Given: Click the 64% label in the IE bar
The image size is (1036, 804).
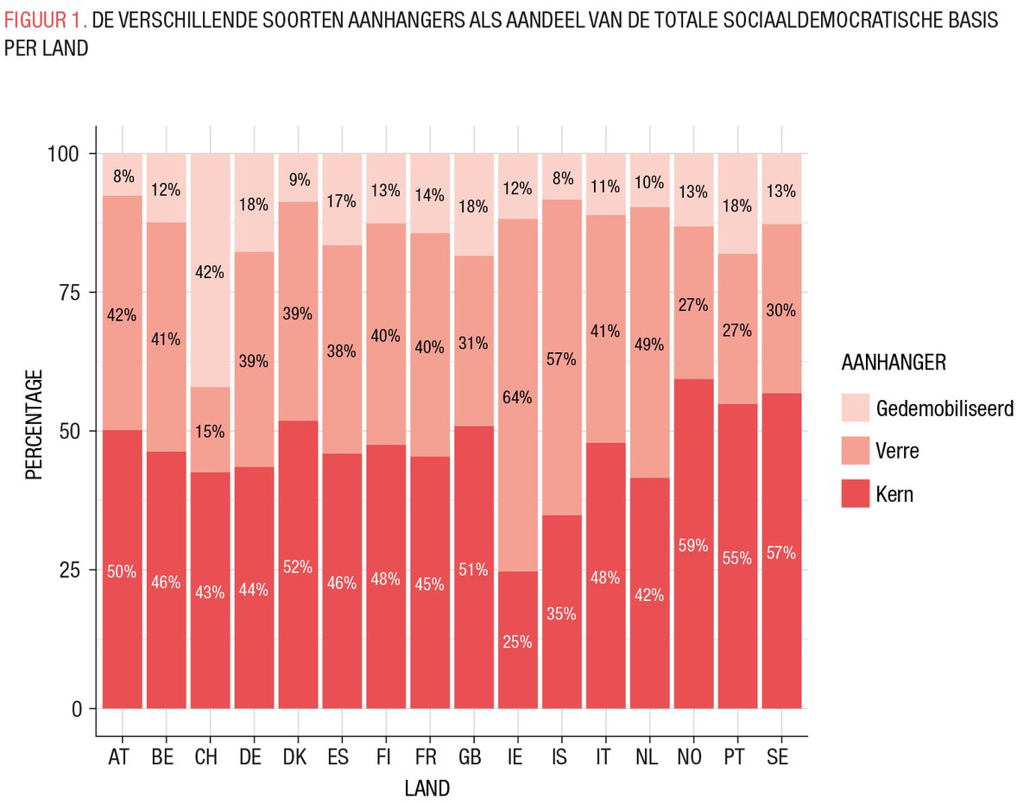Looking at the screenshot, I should coord(518,398).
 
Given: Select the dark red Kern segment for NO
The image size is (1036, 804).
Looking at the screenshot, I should coord(693,605).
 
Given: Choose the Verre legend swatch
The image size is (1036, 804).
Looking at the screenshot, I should coord(855,451).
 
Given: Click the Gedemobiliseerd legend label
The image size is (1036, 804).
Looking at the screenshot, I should coord(944,408).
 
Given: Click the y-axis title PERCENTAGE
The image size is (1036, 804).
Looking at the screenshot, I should coord(33,424).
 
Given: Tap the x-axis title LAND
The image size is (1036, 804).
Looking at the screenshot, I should coord(426,788).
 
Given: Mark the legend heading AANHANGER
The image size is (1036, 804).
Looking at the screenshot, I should coord(893,364).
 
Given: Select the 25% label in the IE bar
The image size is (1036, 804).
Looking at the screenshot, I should coord(518,642).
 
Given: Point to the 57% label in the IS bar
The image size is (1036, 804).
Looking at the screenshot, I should coord(561,359).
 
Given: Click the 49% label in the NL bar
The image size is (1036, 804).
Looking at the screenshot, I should coord(649,345).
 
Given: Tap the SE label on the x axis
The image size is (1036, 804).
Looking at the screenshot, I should coord(781,757).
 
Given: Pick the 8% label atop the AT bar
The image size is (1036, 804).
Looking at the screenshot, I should coord(122,177).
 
